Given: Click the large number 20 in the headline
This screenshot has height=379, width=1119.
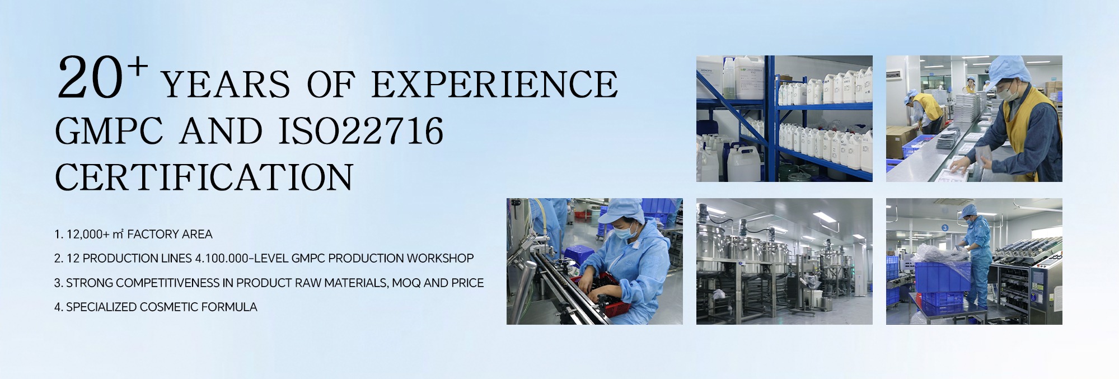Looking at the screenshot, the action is point(90,79).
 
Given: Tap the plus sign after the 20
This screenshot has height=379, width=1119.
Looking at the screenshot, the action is point(138,67).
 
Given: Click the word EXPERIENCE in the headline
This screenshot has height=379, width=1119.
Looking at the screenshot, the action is point(494,85).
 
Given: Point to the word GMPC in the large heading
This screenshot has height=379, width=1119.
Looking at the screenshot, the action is point(109,131).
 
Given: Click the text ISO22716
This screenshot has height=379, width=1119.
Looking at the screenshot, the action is point(361,131).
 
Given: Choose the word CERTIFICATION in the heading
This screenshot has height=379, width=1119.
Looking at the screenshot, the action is point(204,177).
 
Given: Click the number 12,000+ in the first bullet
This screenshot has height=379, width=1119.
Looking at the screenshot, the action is point(88,235).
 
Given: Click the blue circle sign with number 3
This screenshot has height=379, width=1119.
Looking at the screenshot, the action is point(945,228).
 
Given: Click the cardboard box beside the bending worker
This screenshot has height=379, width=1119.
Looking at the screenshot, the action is point(902,141).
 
